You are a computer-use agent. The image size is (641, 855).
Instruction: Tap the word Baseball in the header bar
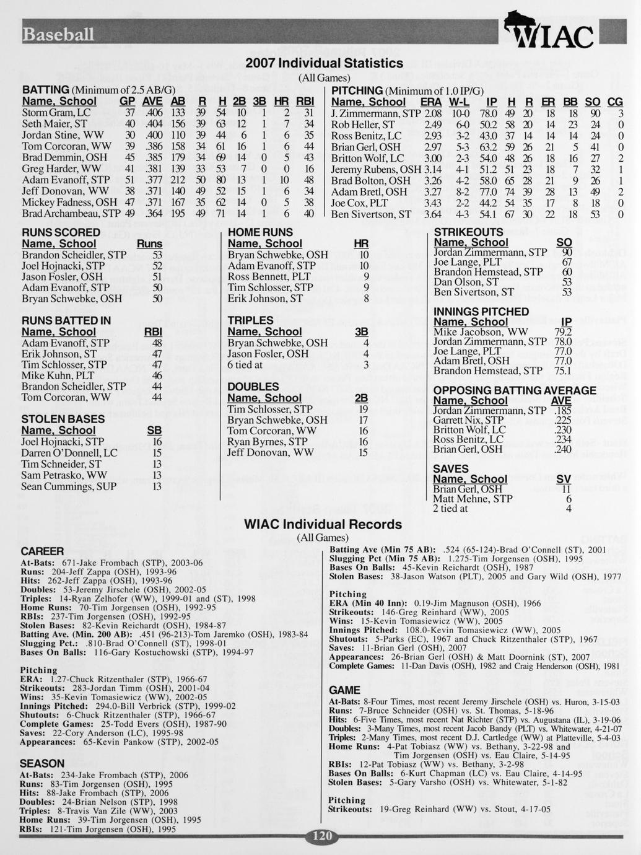(x=59, y=35)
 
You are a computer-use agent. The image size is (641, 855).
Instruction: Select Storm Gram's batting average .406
(x=152, y=113)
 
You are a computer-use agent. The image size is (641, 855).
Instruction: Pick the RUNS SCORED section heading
(x=61, y=232)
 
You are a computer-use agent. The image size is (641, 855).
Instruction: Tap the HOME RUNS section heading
(x=260, y=232)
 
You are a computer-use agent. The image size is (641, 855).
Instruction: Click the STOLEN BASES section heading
(x=63, y=419)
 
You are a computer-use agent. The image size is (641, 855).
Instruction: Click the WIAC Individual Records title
(x=323, y=524)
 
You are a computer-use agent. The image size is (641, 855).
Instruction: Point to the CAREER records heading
(x=42, y=551)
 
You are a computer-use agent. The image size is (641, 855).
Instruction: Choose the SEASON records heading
(x=42, y=763)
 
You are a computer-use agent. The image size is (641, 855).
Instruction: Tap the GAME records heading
(x=344, y=690)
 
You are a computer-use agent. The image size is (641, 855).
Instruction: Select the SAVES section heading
(x=451, y=468)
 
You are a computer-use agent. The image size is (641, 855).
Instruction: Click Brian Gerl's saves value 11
(x=564, y=489)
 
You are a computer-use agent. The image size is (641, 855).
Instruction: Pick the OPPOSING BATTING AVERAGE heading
(x=515, y=390)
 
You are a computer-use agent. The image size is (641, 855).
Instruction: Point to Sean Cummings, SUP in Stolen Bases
(x=69, y=486)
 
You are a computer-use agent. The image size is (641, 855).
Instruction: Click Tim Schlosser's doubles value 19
(x=363, y=409)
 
